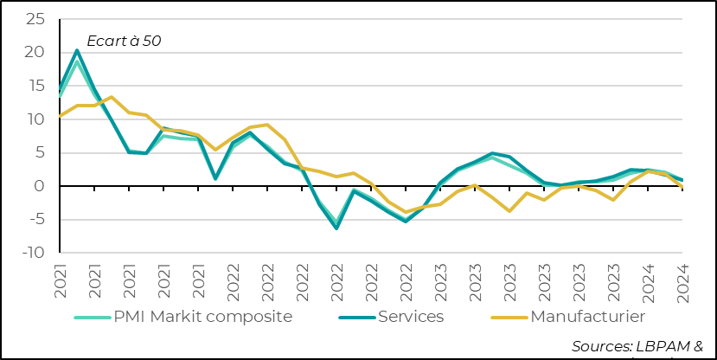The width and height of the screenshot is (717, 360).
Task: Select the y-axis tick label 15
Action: point(35,86)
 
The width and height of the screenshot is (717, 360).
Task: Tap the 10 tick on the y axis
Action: point(35,119)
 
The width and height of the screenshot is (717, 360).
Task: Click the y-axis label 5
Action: point(39,152)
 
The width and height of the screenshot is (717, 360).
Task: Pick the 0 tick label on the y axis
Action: point(39,186)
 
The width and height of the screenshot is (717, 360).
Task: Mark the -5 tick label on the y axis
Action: point(35,220)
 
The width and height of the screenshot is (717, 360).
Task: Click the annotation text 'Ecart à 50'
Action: point(124,40)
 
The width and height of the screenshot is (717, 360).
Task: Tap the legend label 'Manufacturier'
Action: point(587,317)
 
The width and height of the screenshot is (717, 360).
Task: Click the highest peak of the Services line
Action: point(77,50)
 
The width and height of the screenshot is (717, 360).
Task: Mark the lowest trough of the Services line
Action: point(336,228)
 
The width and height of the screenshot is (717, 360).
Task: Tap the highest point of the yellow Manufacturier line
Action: point(112,97)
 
